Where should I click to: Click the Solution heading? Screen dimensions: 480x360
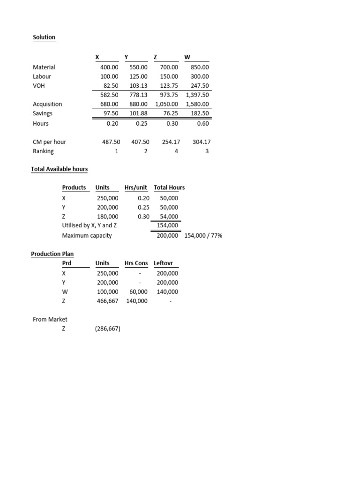click(x=44, y=37)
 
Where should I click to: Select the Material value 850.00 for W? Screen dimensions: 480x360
click(x=200, y=67)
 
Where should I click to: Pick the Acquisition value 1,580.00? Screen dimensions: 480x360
click(x=197, y=104)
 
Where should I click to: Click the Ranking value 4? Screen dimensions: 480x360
click(x=176, y=151)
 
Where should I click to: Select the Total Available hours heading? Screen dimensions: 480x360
click(x=59, y=169)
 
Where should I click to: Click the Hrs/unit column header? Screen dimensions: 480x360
click(x=135, y=187)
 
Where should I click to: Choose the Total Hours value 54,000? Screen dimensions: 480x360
click(x=169, y=217)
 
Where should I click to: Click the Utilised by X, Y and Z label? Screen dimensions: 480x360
click(x=90, y=225)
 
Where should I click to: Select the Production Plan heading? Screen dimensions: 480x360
click(x=52, y=254)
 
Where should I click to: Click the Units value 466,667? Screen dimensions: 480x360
click(x=108, y=301)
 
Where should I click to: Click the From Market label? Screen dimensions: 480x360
click(x=50, y=319)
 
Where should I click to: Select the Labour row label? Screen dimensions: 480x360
click(x=42, y=76)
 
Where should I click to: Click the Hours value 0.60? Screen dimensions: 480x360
click(x=202, y=123)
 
